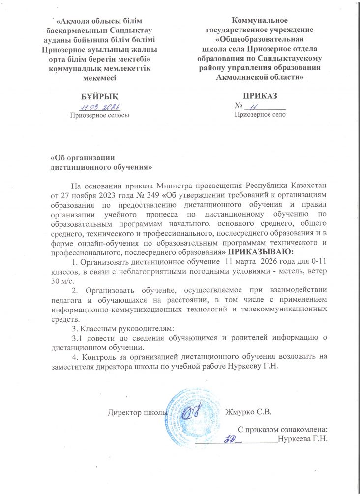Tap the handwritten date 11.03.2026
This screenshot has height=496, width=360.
101,106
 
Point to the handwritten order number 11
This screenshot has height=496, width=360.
254,106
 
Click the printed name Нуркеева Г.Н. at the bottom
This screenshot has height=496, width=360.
302,438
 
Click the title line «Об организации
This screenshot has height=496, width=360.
83,158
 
